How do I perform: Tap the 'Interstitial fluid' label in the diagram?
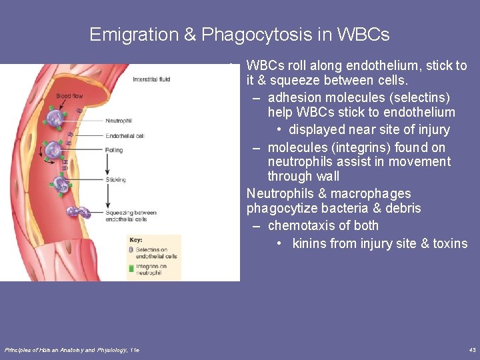151,79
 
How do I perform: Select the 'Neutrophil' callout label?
119,121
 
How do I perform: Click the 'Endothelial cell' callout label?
125,135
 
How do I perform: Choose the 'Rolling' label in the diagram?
114,150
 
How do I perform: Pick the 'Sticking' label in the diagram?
115,180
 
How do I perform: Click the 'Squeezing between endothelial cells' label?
131,216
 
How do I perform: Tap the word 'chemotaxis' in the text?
299,226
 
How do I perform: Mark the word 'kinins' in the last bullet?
309,243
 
